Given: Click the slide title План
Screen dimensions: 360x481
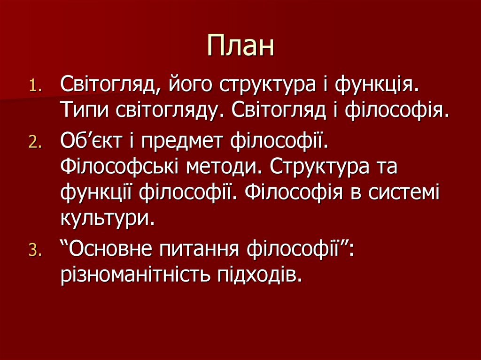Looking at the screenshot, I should tap(240, 46).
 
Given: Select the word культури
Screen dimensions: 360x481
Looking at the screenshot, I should tap(107, 218).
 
